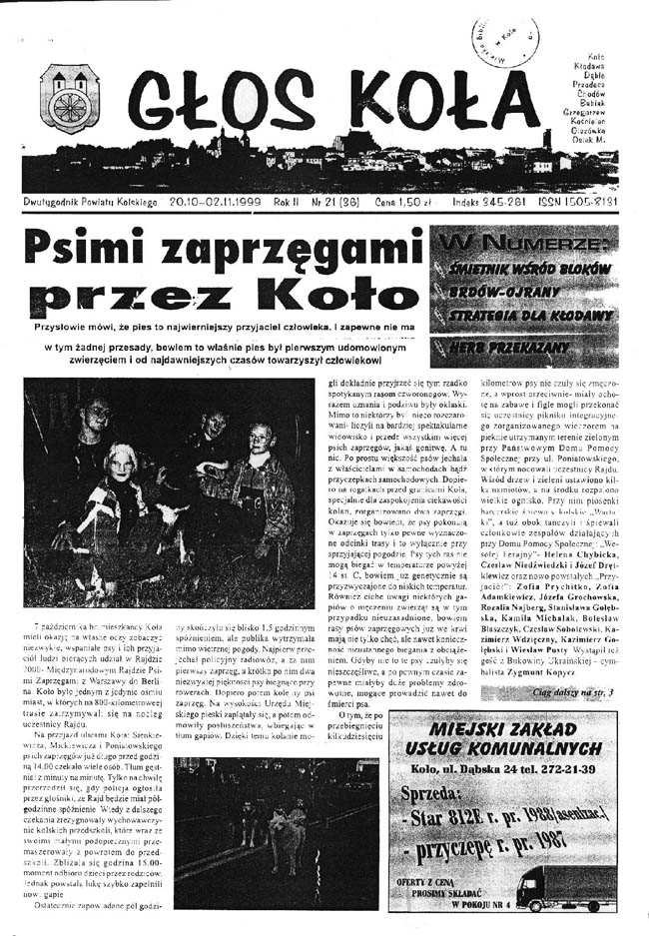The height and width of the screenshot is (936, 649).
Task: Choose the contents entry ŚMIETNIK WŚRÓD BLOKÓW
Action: coord(521,269)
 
